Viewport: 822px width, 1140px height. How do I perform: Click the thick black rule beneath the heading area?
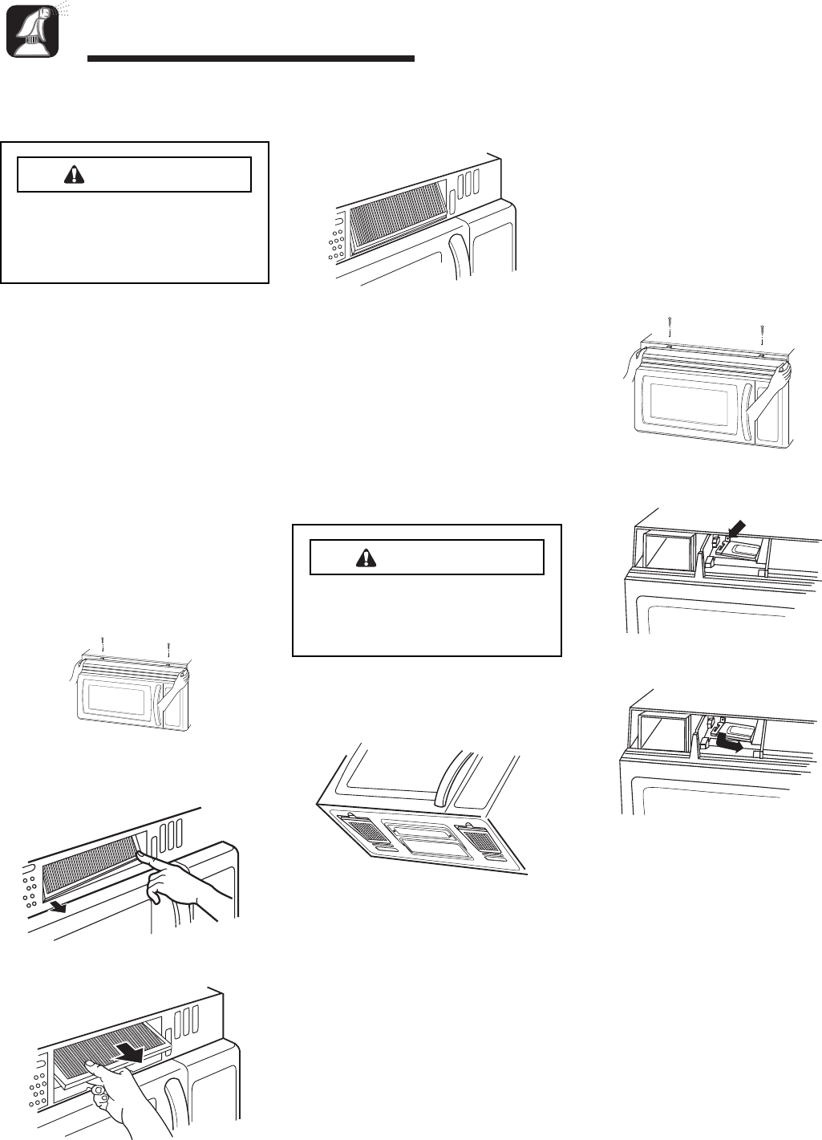pos(250,59)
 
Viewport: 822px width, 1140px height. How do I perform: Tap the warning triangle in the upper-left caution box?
pos(73,174)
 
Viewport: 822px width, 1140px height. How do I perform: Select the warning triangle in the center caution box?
pos(365,557)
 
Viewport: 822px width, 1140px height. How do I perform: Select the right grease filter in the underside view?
pos(480,839)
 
